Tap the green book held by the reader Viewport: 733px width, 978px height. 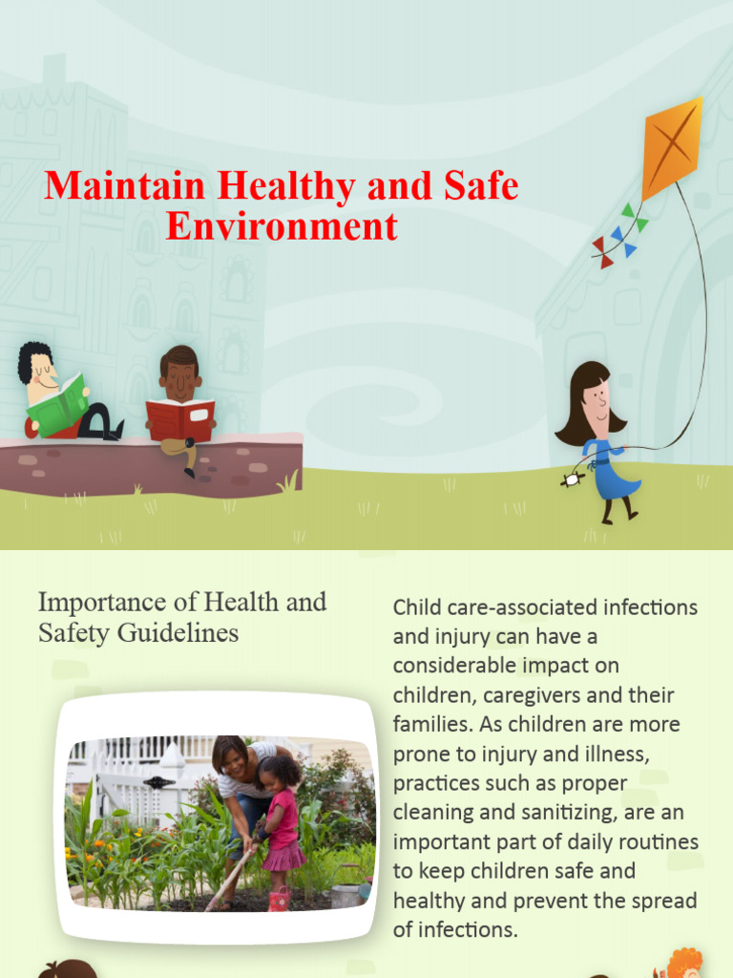tap(57, 405)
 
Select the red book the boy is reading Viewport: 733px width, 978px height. tap(179, 419)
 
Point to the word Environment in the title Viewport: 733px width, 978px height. tap(282, 226)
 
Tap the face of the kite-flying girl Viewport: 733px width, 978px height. tap(597, 395)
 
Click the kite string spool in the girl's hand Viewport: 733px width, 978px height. tap(572, 480)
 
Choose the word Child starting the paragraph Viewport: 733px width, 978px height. tap(416, 607)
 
